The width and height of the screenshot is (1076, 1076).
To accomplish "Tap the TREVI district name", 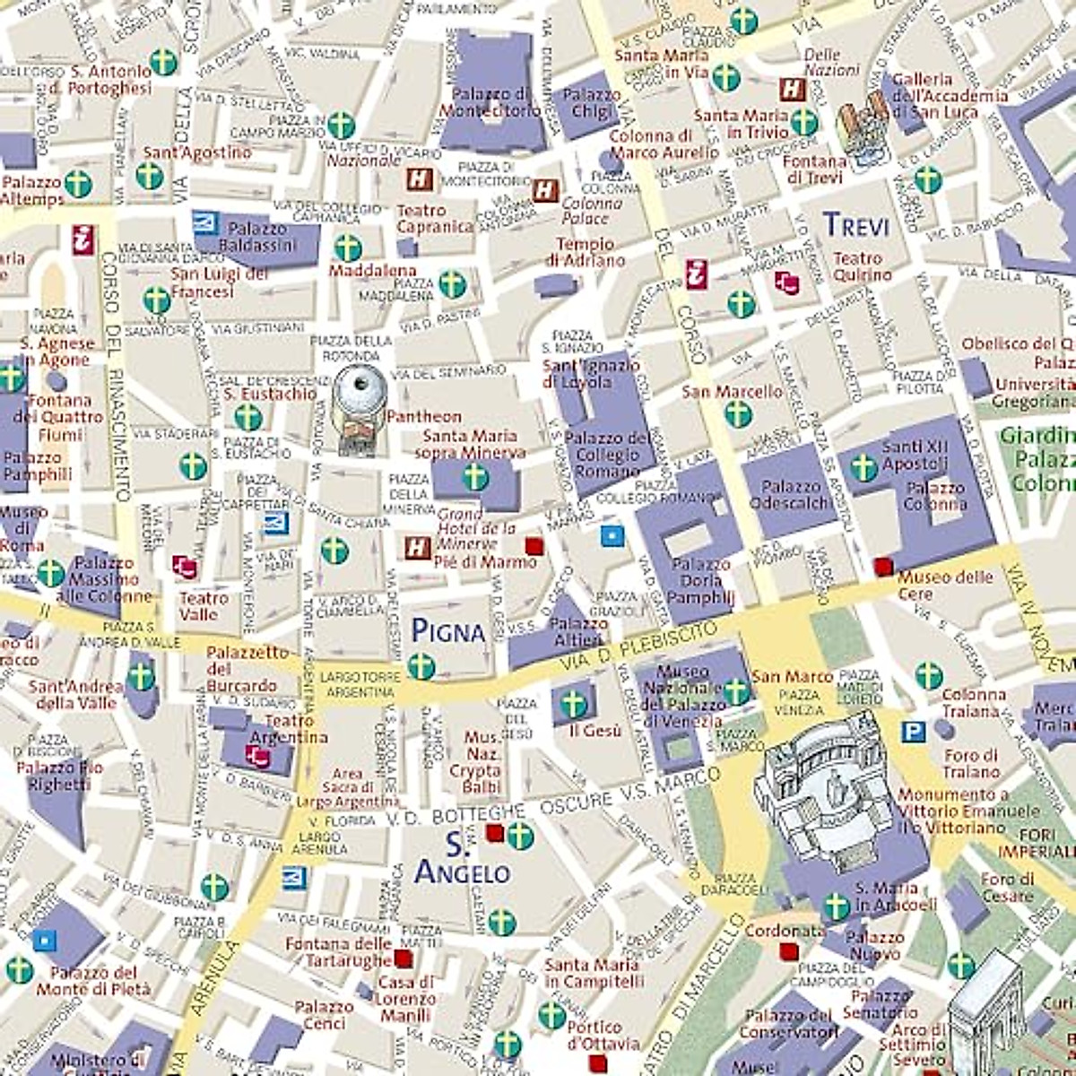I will pyautogui.click(x=855, y=224).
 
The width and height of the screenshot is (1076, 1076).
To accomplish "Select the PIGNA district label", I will pyautogui.click(x=447, y=631).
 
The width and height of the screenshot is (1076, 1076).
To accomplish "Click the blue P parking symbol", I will pyautogui.click(x=913, y=733).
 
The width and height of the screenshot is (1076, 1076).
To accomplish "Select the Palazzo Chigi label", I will pyautogui.click(x=591, y=102).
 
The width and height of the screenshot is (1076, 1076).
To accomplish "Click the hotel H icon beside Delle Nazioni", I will pyautogui.click(x=792, y=90).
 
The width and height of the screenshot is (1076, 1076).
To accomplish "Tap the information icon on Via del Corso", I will pyautogui.click(x=697, y=274).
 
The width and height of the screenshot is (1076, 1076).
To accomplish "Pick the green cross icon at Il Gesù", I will pyautogui.click(x=574, y=703).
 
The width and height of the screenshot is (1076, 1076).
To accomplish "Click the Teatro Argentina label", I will pyautogui.click(x=287, y=729).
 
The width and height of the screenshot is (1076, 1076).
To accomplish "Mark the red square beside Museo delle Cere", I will pyautogui.click(x=883, y=566).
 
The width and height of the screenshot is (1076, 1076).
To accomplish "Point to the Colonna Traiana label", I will pyautogui.click(x=972, y=703).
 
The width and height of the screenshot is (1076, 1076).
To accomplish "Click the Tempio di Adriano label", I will pyautogui.click(x=586, y=252).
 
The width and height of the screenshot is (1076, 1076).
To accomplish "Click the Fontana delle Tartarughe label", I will pyautogui.click(x=338, y=951).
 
